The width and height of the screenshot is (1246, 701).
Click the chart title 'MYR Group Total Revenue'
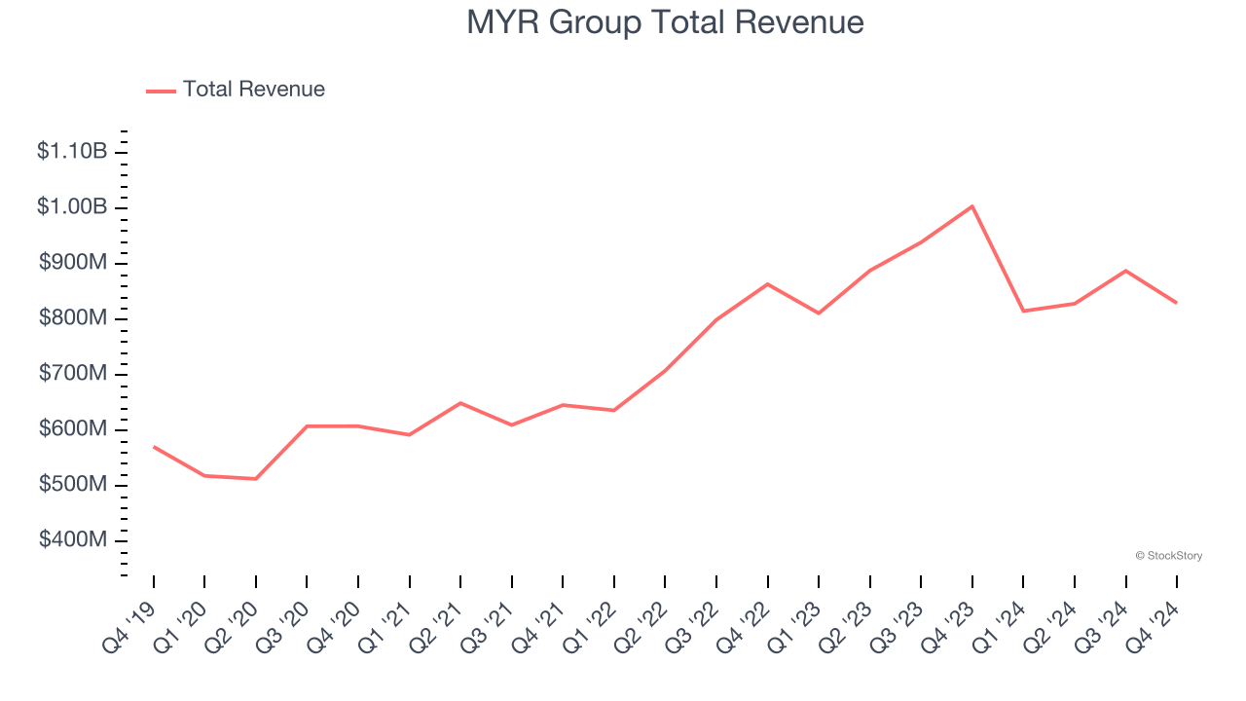tap(665, 22)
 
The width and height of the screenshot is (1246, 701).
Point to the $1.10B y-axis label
tap(72, 152)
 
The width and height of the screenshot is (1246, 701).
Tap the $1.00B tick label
tap(72, 207)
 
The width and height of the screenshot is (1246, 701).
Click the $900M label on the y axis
tap(73, 263)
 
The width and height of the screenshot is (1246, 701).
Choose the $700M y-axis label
tap(73, 374)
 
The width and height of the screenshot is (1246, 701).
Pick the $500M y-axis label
tap(73, 485)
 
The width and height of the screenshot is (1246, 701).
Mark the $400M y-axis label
tap(73, 540)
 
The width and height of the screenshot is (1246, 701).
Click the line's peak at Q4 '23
tap(972, 206)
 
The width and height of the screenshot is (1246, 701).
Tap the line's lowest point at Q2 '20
tap(256, 479)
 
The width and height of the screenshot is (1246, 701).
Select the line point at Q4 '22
tap(768, 284)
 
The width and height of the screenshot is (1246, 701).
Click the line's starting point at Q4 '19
tap(154, 447)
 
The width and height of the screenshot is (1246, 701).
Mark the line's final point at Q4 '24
tap(1176, 303)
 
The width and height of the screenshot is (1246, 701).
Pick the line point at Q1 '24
tap(1023, 311)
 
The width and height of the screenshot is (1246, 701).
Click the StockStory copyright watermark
tap(1168, 556)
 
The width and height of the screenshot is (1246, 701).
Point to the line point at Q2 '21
tap(460, 403)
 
